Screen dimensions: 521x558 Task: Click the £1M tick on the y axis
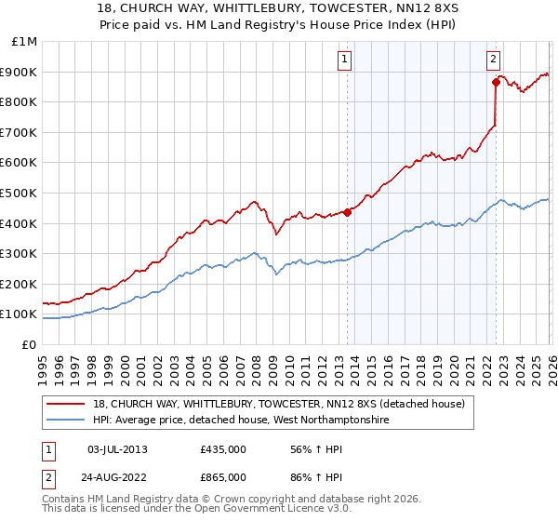point(23,41)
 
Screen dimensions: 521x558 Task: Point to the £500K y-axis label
point(20,193)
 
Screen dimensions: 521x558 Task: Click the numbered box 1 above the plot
point(344,60)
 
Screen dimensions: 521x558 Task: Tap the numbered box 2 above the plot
point(492,60)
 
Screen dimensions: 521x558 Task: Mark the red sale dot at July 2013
point(347,212)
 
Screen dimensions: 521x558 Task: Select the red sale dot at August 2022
point(497,82)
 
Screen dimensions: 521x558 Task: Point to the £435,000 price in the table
point(223,449)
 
